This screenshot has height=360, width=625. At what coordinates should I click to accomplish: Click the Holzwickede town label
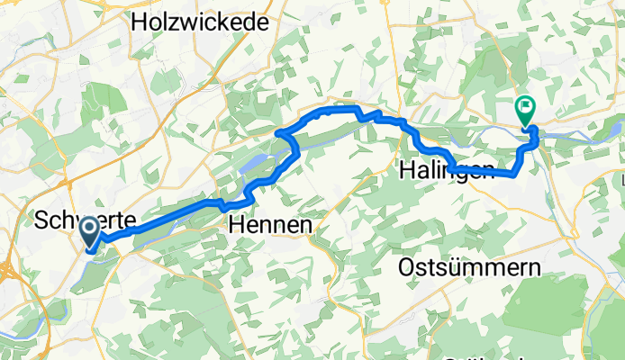coord(200,23)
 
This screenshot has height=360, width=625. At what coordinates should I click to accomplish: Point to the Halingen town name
coord(447,171)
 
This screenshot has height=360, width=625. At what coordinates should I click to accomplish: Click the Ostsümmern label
coord(468,267)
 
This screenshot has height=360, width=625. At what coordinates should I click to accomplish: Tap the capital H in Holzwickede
coord(140,23)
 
